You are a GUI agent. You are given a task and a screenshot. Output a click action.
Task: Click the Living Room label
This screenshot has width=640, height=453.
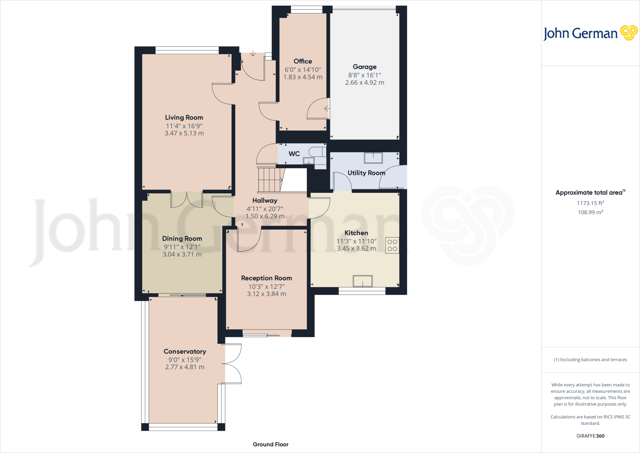pyautogui.click(x=184, y=117)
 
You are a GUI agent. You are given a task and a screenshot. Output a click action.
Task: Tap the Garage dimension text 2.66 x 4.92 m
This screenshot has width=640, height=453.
pyautogui.click(x=364, y=83)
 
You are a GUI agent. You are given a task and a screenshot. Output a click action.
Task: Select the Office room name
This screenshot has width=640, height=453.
pyautogui.click(x=302, y=61)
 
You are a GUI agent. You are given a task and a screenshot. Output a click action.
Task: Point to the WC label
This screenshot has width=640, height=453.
pyautogui.click(x=294, y=154)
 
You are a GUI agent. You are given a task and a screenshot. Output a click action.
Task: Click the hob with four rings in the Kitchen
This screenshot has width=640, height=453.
pyautogui.click(x=392, y=245)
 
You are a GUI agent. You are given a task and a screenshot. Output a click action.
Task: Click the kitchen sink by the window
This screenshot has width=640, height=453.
pyautogui.click(x=362, y=281)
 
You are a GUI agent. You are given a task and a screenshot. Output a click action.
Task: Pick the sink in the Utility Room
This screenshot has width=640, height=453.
pyautogui.click(x=373, y=158)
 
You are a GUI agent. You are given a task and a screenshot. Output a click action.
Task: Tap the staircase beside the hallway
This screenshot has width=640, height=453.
pyautogui.click(x=269, y=180)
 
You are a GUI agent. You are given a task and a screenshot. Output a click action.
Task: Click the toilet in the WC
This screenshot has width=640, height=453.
pyautogui.click(x=316, y=152)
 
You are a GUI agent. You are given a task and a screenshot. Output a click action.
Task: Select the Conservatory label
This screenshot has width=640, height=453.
pyautogui.click(x=185, y=351)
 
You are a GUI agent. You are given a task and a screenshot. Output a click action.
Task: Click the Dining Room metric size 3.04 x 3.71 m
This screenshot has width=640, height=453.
pyautogui.click(x=182, y=254)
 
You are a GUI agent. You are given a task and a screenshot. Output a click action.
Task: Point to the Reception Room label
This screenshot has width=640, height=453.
pyautogui.click(x=266, y=278)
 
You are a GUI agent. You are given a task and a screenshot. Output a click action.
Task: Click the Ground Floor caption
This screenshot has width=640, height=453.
pyautogui.click(x=270, y=444)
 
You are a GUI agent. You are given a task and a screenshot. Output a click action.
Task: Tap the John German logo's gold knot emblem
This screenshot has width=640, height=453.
pyautogui.click(x=628, y=33)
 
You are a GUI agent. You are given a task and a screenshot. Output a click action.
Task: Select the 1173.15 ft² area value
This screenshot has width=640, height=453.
pyautogui.click(x=590, y=203)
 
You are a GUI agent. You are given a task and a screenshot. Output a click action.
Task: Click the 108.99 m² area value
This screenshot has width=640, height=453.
pyautogui.click(x=590, y=212)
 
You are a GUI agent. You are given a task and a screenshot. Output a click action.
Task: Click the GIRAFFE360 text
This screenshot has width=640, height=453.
pyautogui.click(x=590, y=436)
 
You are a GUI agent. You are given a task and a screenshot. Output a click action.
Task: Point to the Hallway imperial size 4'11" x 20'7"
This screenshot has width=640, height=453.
pyautogui.click(x=265, y=209)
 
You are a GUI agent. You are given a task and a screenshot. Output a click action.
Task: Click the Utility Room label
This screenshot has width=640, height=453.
pyautogui.click(x=366, y=173)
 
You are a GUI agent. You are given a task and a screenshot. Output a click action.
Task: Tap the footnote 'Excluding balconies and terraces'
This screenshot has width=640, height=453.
pyautogui.click(x=590, y=360)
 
